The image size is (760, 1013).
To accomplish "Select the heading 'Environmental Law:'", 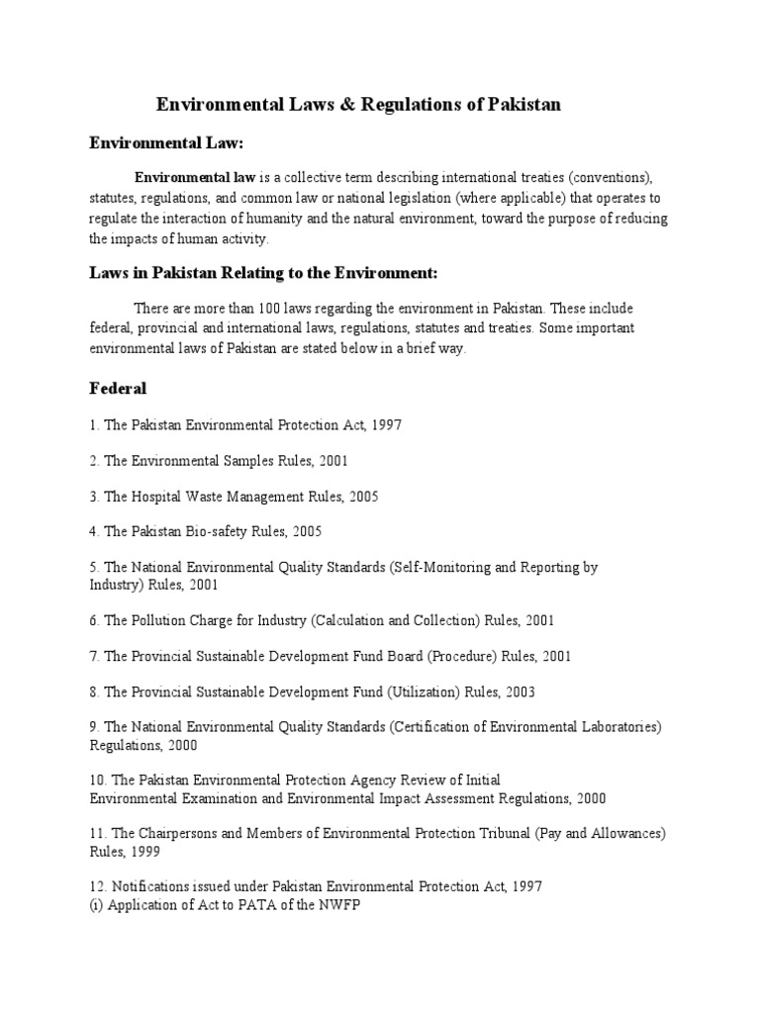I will click(166, 143).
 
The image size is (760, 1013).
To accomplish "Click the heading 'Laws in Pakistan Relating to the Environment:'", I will click(263, 272).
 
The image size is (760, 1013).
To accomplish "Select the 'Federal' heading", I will click(119, 389).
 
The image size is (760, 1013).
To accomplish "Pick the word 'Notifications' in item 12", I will click(153, 886).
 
